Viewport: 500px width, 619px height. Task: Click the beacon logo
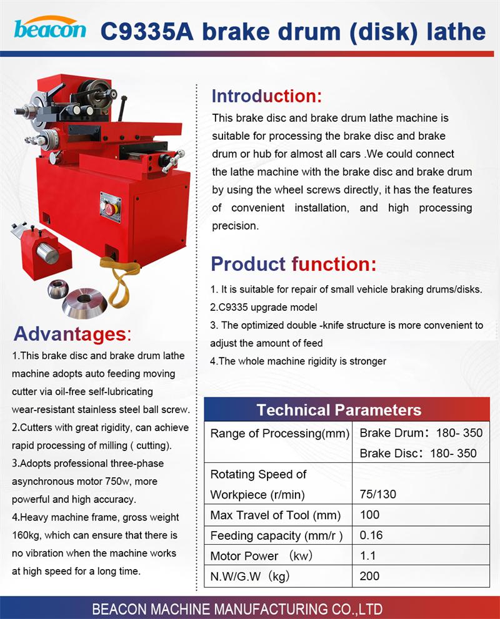pos(50,28)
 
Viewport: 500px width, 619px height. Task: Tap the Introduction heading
pos(266,96)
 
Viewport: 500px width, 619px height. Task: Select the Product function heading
pos(294,264)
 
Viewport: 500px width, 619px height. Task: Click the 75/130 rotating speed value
pos(378,495)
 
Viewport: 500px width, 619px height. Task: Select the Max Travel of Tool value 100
pos(369,515)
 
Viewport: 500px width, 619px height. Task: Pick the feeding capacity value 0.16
pos(371,535)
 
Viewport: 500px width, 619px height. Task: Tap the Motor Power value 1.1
pos(367,555)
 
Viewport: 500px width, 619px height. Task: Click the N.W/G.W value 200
pos(369,575)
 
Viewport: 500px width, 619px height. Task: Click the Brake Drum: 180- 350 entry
pos(421,433)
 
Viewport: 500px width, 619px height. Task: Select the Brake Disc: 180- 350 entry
pos(418,454)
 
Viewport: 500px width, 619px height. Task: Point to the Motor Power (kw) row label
pos(261,555)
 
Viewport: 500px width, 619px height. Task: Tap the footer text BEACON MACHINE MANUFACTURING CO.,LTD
pos(237,609)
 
